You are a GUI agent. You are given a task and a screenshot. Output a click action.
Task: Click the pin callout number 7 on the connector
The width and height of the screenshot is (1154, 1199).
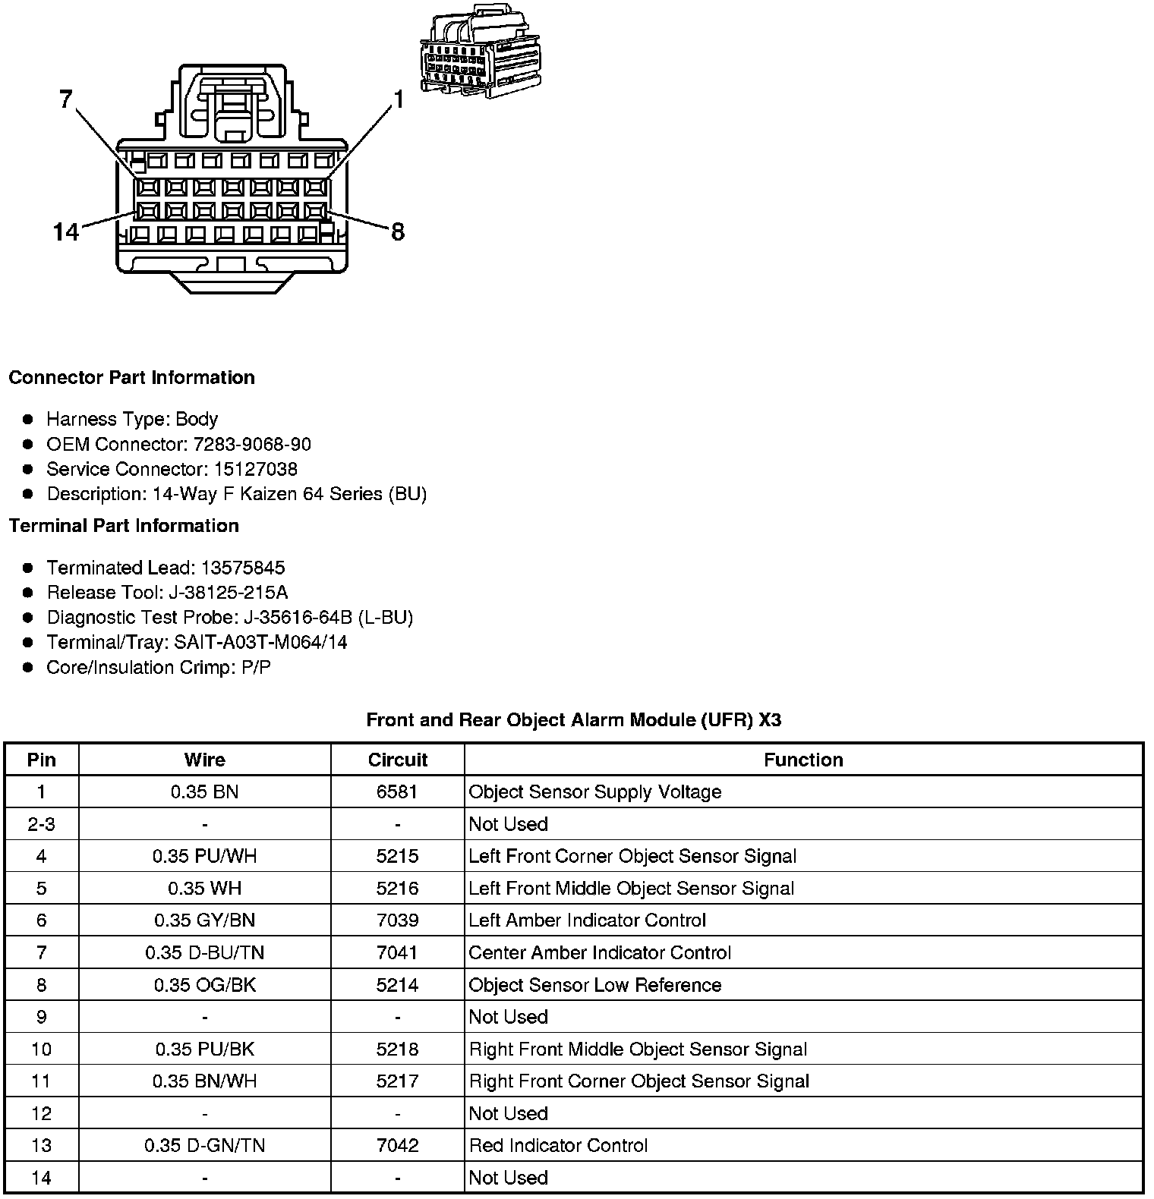click(66, 99)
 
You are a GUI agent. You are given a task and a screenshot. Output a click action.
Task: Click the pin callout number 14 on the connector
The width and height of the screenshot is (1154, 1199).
click(66, 231)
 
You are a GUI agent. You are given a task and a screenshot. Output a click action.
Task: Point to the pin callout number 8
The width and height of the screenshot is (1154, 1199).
click(398, 231)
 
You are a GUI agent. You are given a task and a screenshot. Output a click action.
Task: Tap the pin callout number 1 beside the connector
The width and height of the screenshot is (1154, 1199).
click(398, 99)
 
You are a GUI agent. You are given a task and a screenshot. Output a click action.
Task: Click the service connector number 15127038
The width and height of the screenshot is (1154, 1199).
click(253, 469)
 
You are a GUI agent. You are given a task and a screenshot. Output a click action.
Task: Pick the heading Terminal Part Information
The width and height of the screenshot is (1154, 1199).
click(124, 526)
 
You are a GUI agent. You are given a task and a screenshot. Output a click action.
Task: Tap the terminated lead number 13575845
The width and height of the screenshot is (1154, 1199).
click(243, 568)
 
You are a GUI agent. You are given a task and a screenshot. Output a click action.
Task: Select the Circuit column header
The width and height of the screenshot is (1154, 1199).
click(397, 760)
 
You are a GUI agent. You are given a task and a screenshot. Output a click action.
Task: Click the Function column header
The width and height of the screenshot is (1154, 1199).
click(803, 760)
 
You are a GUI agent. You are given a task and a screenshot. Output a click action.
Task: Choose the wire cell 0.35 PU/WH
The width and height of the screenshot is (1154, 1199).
click(205, 856)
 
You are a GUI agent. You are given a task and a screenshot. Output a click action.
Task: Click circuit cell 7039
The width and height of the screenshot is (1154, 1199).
click(397, 920)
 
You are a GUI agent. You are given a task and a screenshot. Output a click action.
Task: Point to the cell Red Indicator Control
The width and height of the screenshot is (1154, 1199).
click(559, 1145)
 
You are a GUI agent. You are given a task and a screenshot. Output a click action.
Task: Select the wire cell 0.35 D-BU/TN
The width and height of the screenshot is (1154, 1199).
click(205, 952)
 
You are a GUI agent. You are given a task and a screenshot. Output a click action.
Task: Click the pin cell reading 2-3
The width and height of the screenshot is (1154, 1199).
click(41, 824)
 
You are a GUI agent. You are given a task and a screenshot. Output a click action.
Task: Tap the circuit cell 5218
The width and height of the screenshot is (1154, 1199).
click(397, 1049)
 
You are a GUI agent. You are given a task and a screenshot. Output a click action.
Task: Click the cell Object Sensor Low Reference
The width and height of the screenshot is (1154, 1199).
click(595, 985)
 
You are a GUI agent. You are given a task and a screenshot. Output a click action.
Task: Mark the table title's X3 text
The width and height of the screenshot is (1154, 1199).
click(770, 719)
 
